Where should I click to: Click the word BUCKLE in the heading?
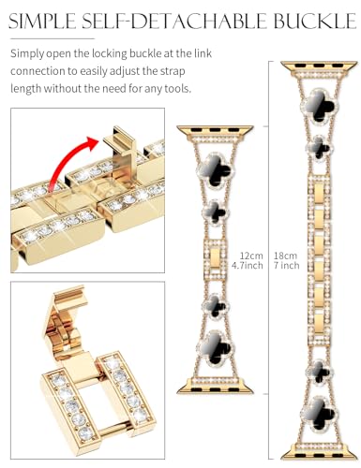coord(315,21)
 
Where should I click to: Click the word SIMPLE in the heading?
coord(43,21)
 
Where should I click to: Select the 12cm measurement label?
coord(251,256)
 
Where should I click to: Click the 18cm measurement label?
coord(285,256)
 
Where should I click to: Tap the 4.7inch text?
coord(248,266)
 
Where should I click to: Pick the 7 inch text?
coord(287,266)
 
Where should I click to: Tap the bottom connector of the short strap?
coord(215,386)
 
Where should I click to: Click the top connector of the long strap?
coord(319,68)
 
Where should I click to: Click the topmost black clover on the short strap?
coord(216,169)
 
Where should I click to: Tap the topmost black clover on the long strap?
coord(319,106)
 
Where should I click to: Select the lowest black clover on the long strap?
coord(319,414)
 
